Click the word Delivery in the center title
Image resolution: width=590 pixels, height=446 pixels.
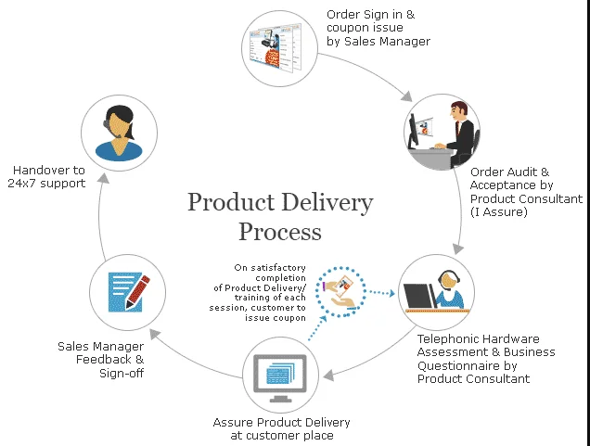coord(327,203)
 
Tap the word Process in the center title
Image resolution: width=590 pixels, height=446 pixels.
coord(280,231)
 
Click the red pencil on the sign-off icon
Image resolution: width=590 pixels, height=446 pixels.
coord(137,292)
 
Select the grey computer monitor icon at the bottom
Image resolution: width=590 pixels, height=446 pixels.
coord(280,377)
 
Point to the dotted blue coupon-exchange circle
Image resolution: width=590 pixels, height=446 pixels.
coord(340,292)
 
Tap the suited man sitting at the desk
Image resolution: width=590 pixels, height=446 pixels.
coord(460,134)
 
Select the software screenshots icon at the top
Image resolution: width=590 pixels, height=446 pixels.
coord(276,48)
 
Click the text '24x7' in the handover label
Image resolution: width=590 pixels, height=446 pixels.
coord(22,184)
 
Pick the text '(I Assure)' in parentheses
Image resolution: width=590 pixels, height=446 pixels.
coord(499,212)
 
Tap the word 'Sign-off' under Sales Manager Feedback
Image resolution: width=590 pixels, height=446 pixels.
coord(122,373)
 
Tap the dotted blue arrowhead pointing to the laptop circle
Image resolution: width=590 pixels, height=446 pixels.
coord(391,293)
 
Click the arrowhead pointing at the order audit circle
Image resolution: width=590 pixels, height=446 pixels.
coord(406,96)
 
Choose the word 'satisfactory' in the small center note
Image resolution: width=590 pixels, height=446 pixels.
coord(278,268)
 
